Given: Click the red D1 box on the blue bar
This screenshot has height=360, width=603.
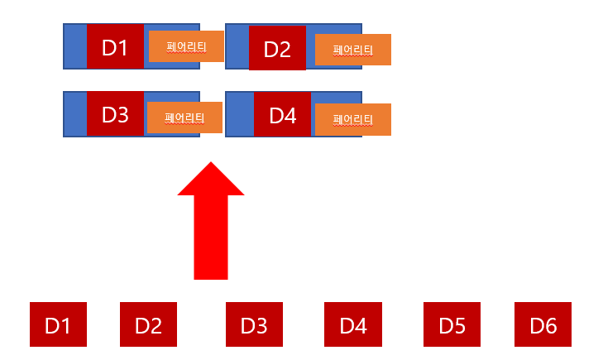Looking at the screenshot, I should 115,46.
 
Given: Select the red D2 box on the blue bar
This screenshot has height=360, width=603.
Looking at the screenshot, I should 277,49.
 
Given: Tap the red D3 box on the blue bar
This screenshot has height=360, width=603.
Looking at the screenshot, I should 115,114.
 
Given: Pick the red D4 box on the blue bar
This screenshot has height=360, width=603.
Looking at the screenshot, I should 282,115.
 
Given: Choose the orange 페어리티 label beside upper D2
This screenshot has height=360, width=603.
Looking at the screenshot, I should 352,50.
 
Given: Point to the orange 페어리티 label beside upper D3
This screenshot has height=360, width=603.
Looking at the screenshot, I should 184,118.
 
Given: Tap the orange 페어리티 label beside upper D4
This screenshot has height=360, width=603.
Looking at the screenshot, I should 352,119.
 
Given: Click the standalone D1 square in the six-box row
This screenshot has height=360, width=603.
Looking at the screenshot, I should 58,324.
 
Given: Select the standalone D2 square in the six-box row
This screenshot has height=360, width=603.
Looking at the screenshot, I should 148,324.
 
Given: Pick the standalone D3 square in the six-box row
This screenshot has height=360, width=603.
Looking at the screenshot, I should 254,324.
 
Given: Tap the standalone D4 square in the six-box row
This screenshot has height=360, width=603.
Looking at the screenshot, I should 353,324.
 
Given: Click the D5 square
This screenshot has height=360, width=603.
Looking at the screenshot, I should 452,324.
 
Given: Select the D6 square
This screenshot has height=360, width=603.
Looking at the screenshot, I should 543,324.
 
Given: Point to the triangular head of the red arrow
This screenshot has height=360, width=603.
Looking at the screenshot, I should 211,182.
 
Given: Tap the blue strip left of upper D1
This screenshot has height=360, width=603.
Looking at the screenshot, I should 75,46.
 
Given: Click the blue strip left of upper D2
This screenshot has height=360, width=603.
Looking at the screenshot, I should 237,46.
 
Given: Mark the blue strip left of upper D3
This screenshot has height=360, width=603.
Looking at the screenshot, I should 75,114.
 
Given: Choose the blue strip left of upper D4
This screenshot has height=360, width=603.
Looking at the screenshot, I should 240,114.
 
